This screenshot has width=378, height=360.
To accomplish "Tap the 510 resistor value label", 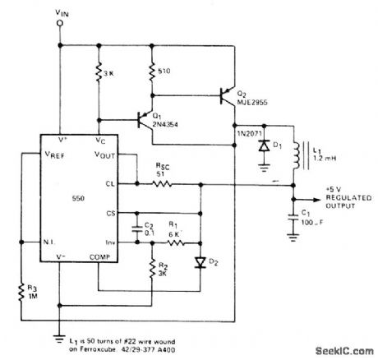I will [163, 71].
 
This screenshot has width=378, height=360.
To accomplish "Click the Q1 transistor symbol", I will [145, 121].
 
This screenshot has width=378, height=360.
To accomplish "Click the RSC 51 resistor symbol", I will [163, 186].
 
